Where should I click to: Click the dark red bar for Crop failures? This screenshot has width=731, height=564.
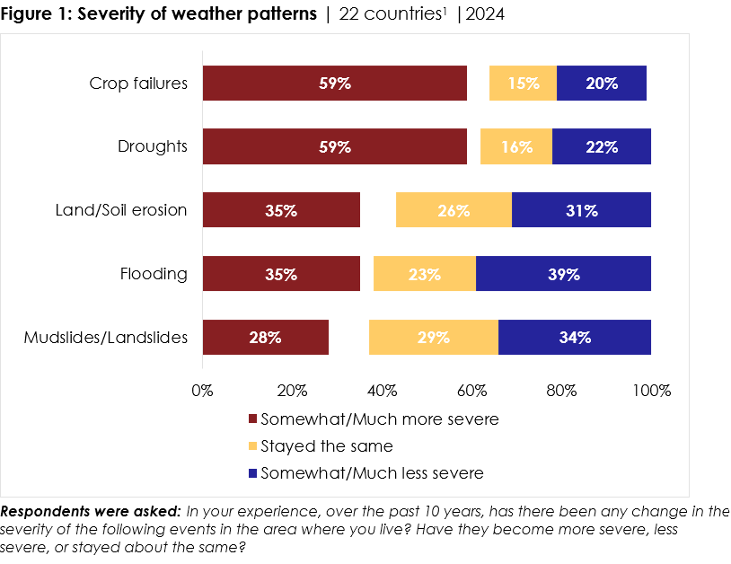coord(334,84)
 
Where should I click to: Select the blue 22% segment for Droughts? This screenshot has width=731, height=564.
coord(601,147)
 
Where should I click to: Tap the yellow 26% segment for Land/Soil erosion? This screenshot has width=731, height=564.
coord(454,211)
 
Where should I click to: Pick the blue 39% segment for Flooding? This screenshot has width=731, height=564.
coord(563,274)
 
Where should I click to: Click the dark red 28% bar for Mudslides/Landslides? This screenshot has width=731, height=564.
coord(266,338)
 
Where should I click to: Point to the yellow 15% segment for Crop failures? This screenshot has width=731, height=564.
coord(523,84)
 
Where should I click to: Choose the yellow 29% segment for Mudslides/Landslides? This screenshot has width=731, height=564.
coord(433,338)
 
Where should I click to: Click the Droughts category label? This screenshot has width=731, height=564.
coord(153,147)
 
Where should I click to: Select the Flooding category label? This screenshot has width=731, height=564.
coord(154,274)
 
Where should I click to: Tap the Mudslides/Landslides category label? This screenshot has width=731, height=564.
coord(106,338)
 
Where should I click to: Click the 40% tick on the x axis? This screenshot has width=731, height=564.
coord(383,391)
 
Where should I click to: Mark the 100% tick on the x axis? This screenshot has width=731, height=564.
coord(651,391)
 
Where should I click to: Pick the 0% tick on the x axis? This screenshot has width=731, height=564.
coord(203,391)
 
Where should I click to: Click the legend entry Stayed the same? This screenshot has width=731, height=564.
coord(327,445)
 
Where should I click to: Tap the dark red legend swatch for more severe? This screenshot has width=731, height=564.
coord(252,419)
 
